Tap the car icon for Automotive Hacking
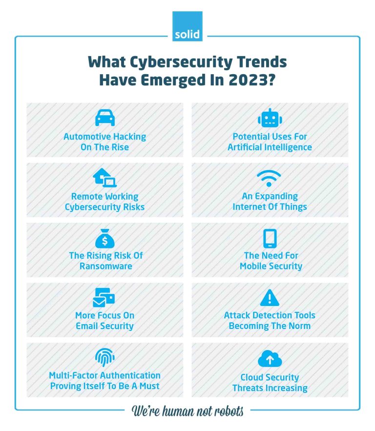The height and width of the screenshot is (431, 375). pyautogui.click(x=104, y=118)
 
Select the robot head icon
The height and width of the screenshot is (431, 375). pyautogui.click(x=270, y=118)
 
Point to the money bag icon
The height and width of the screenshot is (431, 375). pyautogui.click(x=104, y=239)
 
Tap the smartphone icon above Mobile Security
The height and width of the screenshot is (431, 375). pyautogui.click(x=270, y=239)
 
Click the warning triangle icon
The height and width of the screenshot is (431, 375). pyautogui.click(x=270, y=297)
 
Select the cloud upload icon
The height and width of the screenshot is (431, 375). pyautogui.click(x=270, y=359)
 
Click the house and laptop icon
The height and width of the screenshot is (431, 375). pyautogui.click(x=104, y=178)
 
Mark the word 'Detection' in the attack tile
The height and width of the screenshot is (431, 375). pyautogui.click(x=269, y=315)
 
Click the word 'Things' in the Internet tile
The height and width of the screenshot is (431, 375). pyautogui.click(x=292, y=206)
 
